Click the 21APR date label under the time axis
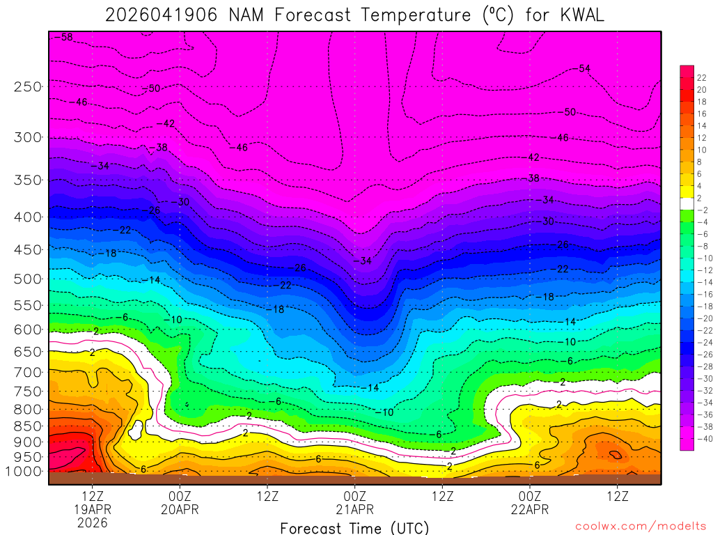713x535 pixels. pos(354,509)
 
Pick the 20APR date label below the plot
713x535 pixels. pos(180,509)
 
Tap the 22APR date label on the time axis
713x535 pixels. pos(530,509)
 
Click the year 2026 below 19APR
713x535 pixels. pos(93,522)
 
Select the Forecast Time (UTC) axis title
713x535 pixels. pos(354,527)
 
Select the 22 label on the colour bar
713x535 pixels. pos(702,77)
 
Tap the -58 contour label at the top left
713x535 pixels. pos(65,37)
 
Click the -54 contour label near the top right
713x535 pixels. pos(583,68)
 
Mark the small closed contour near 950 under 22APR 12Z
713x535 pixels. pos(615,455)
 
